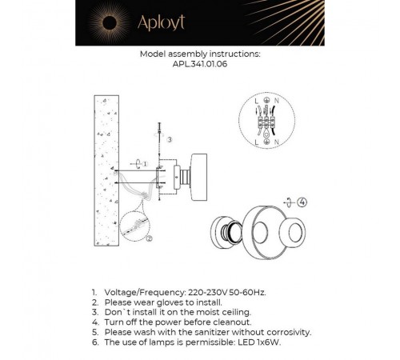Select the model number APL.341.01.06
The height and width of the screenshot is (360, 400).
[x=200, y=66]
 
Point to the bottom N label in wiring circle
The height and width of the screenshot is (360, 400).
[x=277, y=142]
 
